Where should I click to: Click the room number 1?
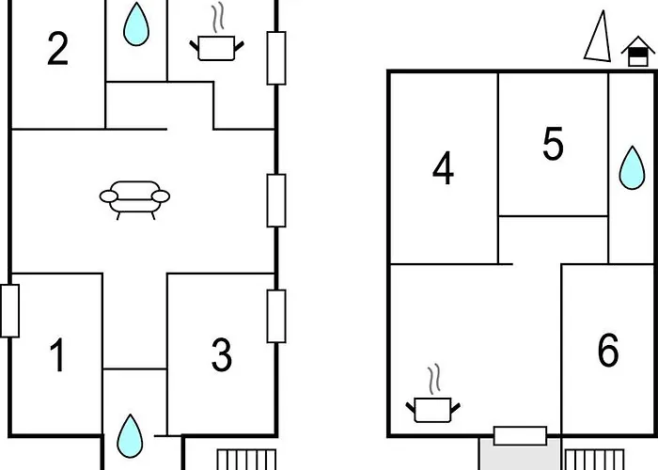[x=58, y=356]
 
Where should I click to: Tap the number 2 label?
[x=58, y=50]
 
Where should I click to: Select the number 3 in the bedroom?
[x=221, y=356]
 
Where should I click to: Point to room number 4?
[x=443, y=170]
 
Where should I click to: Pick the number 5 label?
[x=553, y=145]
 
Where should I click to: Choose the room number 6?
[x=608, y=351]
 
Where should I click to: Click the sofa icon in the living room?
[x=135, y=198]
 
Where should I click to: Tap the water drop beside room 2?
[x=136, y=25]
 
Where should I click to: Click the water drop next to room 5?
[x=631, y=170]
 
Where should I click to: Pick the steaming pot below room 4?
[x=433, y=399]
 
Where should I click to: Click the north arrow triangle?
[x=595, y=39]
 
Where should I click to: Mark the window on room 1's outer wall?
[x=9, y=310]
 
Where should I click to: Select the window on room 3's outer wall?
[x=275, y=316]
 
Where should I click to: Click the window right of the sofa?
[x=275, y=199]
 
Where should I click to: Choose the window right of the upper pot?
[x=275, y=57]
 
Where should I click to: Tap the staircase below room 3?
[x=245, y=460]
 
